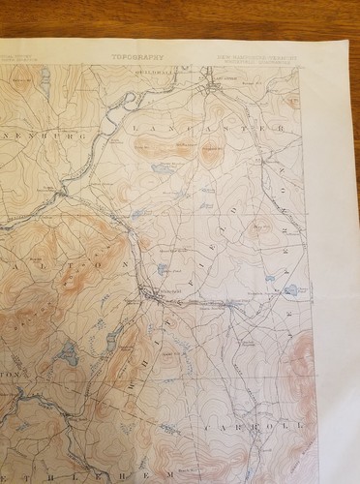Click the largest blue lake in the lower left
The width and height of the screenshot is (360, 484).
pyautogui.click(x=68, y=355)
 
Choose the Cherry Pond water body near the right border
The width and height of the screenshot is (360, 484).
pyautogui.click(x=289, y=287)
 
